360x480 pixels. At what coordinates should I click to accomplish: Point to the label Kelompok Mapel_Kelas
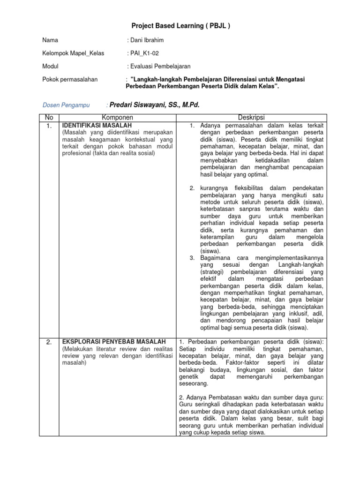click(73, 53)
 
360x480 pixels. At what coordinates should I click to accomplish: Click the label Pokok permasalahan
click(70, 80)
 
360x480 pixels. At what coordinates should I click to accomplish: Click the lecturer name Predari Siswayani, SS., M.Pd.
click(154, 105)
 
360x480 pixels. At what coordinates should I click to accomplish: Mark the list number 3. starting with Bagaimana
click(192, 257)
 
